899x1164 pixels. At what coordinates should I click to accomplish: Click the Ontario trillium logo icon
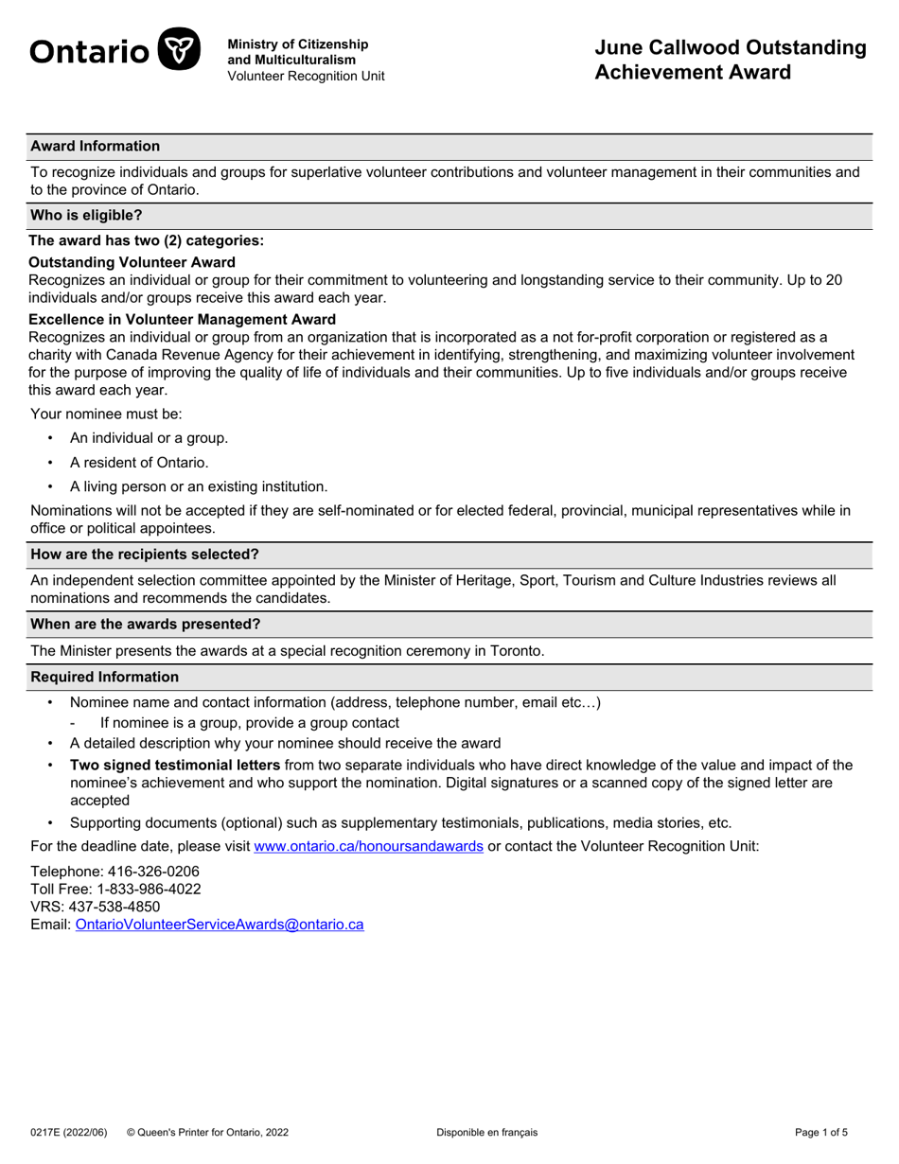(x=178, y=49)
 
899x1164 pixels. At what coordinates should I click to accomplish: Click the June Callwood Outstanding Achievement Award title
(x=730, y=60)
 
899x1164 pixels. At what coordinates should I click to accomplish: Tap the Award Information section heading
(x=96, y=146)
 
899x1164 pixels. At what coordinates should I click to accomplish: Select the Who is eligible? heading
(x=86, y=215)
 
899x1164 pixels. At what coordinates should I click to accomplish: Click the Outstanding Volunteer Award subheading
(x=132, y=262)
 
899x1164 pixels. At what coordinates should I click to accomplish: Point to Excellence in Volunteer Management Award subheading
(x=183, y=319)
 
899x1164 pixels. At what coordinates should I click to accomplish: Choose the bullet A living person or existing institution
(x=199, y=486)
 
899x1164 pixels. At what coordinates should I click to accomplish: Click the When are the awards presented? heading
(x=146, y=624)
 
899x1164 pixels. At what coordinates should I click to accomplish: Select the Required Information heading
(x=105, y=677)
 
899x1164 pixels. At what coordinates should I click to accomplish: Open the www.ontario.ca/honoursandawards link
(x=369, y=846)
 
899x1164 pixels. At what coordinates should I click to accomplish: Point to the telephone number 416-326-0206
(x=149, y=871)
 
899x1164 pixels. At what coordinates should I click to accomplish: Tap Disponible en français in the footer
(x=486, y=1132)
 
